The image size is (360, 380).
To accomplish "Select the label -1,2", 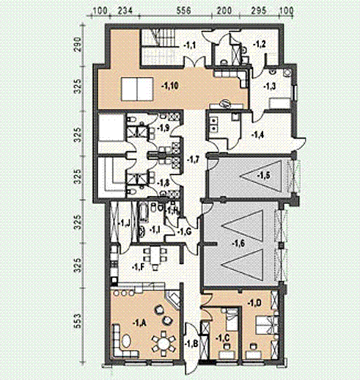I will (x=260, y=45).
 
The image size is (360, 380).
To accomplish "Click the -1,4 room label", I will (x=257, y=135).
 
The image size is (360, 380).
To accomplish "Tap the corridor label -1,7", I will (x=194, y=158).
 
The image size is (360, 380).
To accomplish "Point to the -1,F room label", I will (x=136, y=268).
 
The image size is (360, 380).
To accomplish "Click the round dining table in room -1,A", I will (x=160, y=342).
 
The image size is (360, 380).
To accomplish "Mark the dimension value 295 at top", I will (x=258, y=12).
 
